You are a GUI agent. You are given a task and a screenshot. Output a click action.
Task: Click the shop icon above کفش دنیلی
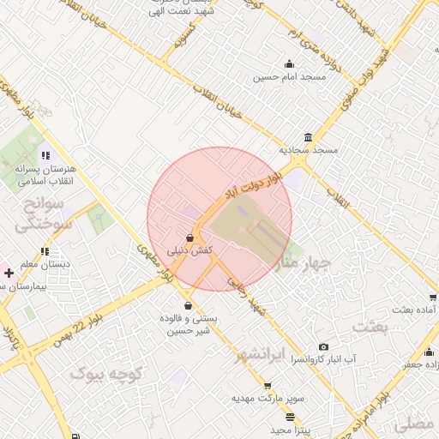click(189, 238)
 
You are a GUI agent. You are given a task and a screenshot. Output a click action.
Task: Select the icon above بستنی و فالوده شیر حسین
click(188, 306)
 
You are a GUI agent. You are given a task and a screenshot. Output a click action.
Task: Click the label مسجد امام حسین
click(290, 77)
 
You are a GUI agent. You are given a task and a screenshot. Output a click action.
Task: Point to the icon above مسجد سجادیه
click(308, 137)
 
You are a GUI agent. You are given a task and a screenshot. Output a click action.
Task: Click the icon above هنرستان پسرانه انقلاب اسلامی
click(45, 156)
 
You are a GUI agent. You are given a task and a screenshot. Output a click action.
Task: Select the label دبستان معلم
click(46, 265)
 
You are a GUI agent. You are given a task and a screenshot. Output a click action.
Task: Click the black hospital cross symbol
click(9, 272)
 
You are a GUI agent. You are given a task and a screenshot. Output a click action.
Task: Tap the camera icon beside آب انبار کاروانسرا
click(323, 346)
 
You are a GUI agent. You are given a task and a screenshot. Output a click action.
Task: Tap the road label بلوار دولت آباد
click(252, 185)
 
